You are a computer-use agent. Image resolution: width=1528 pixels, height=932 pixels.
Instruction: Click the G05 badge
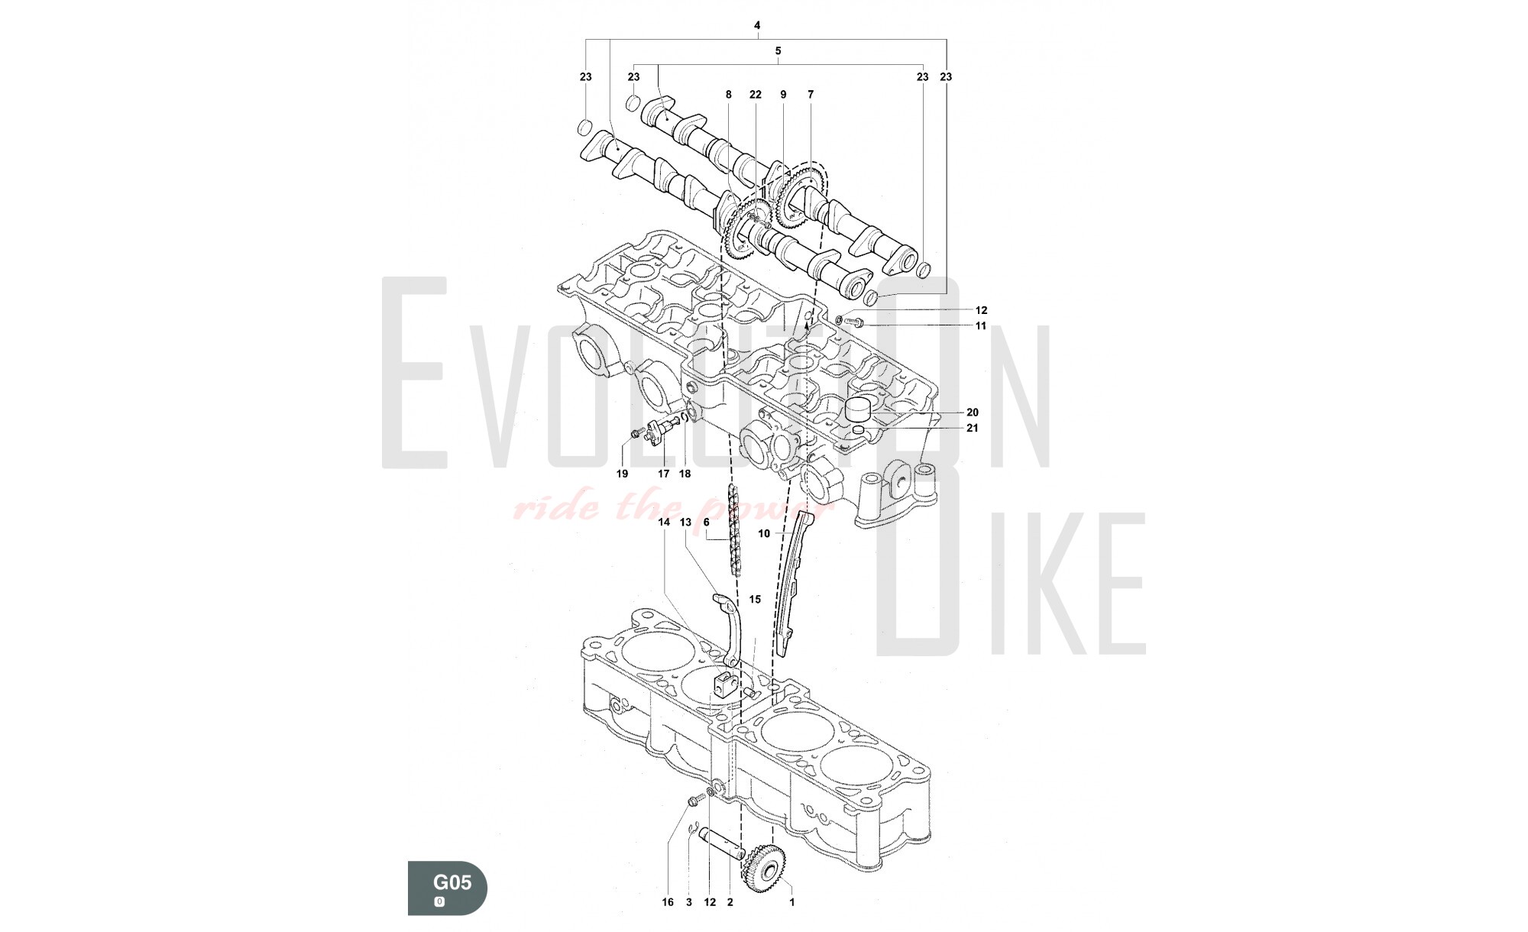pyautogui.click(x=447, y=887)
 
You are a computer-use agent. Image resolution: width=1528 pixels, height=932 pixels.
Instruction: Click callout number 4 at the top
pyautogui.click(x=757, y=26)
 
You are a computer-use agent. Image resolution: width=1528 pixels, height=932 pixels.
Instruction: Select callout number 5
pyautogui.click(x=778, y=51)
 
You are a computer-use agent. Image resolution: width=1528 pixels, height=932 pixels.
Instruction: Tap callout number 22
pyautogui.click(x=756, y=95)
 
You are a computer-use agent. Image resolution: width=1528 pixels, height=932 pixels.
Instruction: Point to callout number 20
pyautogui.click(x=973, y=413)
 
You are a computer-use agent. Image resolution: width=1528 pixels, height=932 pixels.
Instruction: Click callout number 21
pyautogui.click(x=973, y=429)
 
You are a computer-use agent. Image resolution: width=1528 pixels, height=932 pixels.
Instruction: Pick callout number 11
pyautogui.click(x=981, y=326)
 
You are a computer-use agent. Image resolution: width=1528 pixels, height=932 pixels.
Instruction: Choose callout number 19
pyautogui.click(x=622, y=474)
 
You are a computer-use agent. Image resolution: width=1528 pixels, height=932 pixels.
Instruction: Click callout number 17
pyautogui.click(x=664, y=474)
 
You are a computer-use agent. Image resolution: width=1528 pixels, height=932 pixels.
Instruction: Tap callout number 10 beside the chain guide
pyautogui.click(x=764, y=534)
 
